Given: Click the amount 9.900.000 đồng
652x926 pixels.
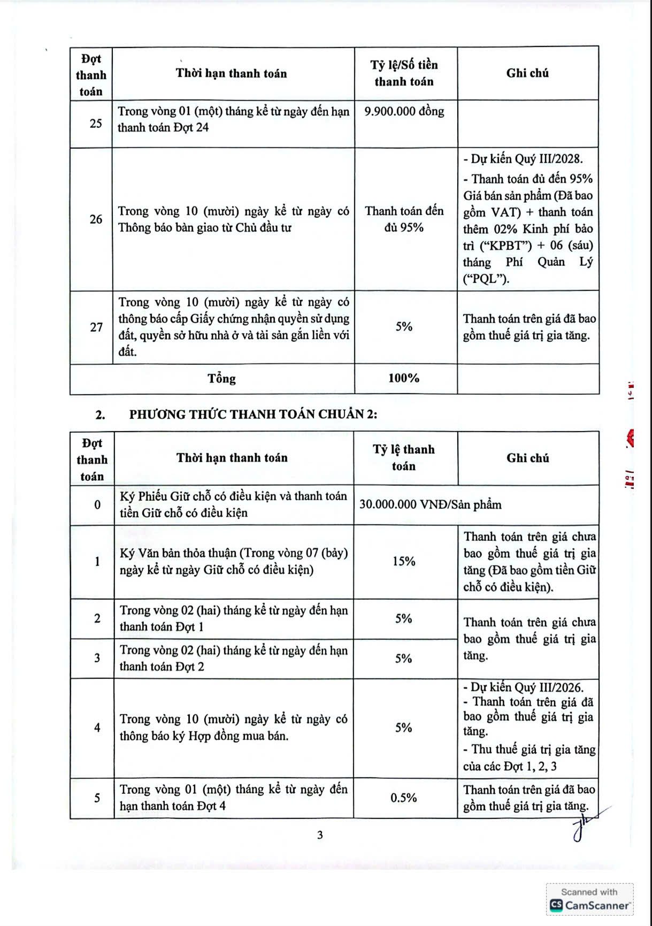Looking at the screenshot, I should point(404,111).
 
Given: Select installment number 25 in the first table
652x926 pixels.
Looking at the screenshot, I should point(96,124).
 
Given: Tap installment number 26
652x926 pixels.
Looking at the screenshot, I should point(96,219).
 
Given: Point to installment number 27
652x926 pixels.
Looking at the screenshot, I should point(96,327).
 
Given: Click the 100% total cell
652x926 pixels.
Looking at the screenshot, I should point(404,378).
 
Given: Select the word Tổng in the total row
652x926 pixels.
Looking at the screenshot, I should point(221,379).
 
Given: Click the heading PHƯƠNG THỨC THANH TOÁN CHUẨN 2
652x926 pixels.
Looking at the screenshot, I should point(253,414).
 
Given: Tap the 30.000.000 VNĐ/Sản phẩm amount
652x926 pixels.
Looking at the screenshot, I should point(431,504).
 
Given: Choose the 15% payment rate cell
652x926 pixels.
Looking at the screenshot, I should point(404,561).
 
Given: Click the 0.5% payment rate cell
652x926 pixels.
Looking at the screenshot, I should point(404,798).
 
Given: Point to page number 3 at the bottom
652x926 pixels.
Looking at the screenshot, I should point(320,835).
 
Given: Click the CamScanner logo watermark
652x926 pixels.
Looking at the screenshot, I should point(590,905).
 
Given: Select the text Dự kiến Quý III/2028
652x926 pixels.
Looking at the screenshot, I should point(526,159).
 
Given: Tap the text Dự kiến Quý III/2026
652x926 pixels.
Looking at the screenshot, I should point(526,687).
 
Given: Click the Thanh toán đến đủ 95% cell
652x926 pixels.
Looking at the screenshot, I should point(404,219).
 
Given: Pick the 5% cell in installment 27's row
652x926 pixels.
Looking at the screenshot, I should point(404,326).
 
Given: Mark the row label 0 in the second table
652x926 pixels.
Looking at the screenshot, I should point(97,504).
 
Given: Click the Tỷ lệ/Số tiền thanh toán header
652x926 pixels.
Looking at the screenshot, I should point(404,73).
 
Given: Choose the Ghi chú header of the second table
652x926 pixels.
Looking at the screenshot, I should point(527,458).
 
